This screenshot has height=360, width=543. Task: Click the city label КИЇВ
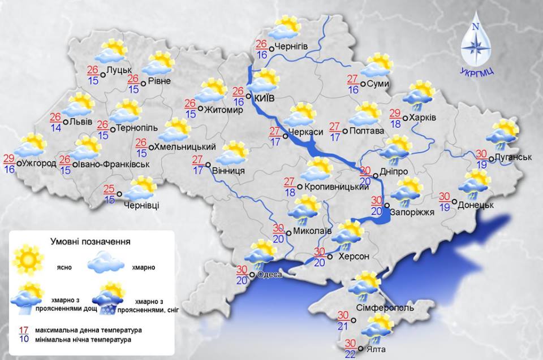click(x=265, y=98)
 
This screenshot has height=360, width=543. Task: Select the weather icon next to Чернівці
click(x=142, y=188)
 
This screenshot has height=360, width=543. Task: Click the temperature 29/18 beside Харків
click(x=395, y=118)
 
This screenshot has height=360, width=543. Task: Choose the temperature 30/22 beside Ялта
click(x=350, y=348)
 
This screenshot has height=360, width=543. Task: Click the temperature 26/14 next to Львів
click(x=55, y=122)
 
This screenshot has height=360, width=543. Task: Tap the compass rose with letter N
click(x=475, y=45)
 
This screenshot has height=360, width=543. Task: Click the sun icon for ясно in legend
click(x=30, y=260)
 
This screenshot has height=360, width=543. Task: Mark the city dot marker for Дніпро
click(x=376, y=175)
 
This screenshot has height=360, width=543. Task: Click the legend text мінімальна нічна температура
click(x=82, y=340)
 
